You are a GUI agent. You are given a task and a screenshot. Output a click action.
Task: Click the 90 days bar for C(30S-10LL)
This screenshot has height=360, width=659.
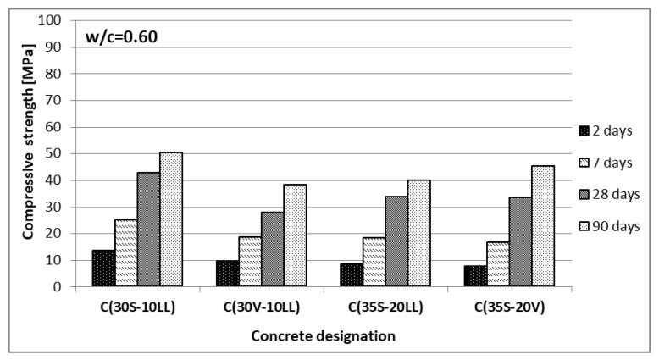click(172, 219)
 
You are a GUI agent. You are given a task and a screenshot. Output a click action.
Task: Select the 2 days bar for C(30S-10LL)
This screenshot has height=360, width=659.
click(103, 269)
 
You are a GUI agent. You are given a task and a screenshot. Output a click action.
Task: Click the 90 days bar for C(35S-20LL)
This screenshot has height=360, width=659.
click(419, 233)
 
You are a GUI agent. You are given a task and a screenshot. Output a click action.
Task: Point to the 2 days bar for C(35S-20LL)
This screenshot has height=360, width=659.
click(351, 275)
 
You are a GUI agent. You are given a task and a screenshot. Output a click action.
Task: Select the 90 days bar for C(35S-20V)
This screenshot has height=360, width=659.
click(543, 226)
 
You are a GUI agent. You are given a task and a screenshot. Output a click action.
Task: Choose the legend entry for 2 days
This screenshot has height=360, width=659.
click(606, 130)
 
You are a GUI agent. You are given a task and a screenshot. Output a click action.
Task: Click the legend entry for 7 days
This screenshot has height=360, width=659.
click(606, 162)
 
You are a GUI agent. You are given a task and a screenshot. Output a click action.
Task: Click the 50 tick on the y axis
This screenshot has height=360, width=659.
click(58, 153)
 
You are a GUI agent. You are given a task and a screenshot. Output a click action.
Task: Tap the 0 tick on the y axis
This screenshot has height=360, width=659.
click(60, 287)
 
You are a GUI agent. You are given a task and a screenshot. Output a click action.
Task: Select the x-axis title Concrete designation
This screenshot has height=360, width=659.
click(323, 336)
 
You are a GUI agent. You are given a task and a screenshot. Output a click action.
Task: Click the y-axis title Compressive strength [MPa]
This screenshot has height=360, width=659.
click(28, 153)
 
